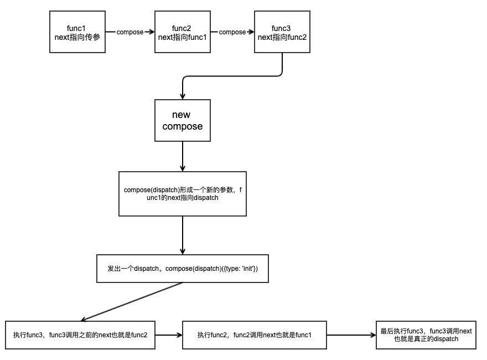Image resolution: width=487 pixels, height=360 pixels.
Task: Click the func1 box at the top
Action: pyautogui.click(x=77, y=32)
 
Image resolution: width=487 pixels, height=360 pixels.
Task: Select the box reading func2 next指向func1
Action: pyautogui.click(x=182, y=32)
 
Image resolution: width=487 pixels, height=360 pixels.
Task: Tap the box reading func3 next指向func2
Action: pyautogui.click(x=282, y=32)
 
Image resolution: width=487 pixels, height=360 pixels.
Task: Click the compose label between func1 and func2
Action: pyautogui.click(x=130, y=32)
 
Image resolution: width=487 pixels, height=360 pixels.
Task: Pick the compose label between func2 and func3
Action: pyautogui.click(x=232, y=32)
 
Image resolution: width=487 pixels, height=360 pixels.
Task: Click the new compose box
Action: pyautogui.click(x=183, y=121)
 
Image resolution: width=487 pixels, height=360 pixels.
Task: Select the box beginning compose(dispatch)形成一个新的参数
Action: pyautogui.click(x=183, y=194)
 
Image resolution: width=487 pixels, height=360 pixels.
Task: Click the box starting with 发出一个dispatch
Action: pyautogui.click(x=183, y=268)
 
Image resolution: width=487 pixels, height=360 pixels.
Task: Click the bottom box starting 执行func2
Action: pyautogui.click(x=255, y=335)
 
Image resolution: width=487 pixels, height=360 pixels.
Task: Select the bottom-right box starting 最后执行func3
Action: pyautogui.click(x=426, y=335)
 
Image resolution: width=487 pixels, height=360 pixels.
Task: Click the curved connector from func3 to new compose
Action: pyautogui.click(x=232, y=76)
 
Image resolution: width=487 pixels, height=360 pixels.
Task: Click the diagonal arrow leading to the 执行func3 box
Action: pyautogui.click(x=133, y=301)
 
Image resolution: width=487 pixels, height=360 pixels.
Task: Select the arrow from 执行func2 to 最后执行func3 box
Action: pyautogui.click(x=351, y=335)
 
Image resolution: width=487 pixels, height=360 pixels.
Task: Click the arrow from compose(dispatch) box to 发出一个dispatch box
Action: pyautogui.click(x=183, y=235)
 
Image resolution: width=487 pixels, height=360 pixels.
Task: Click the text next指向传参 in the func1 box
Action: pyautogui.click(x=77, y=37)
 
